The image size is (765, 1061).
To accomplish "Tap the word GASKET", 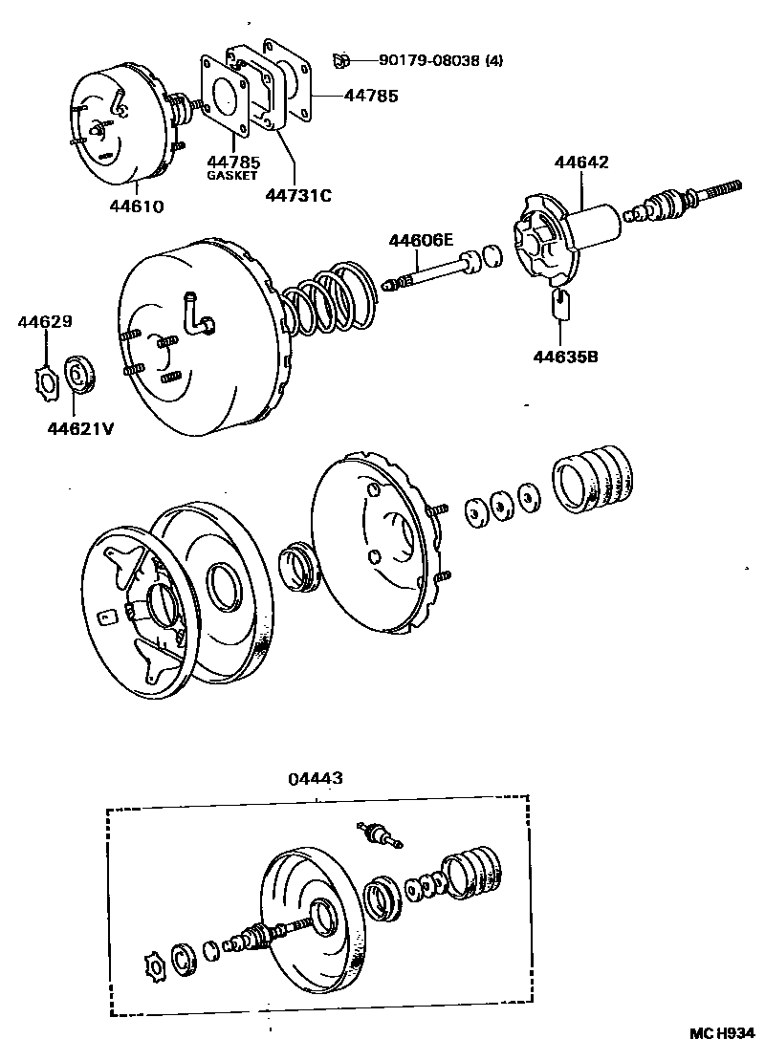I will click(233, 176).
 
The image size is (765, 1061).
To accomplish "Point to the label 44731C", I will click(298, 196).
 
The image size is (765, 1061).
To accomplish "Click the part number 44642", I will click(580, 162).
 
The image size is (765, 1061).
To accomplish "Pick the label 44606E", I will click(421, 241).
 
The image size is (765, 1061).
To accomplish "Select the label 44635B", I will click(565, 357).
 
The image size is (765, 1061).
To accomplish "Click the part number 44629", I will click(44, 322).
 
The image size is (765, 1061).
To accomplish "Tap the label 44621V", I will click(80, 427).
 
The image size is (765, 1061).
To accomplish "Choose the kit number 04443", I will click(315, 779).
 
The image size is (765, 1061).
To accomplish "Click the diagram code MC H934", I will click(723, 1033).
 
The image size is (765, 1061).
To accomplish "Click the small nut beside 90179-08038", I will click(339, 61).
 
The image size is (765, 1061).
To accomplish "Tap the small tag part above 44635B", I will click(560, 306).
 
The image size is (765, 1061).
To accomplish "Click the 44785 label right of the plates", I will click(371, 96).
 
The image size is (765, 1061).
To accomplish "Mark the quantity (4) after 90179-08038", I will click(493, 61).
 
